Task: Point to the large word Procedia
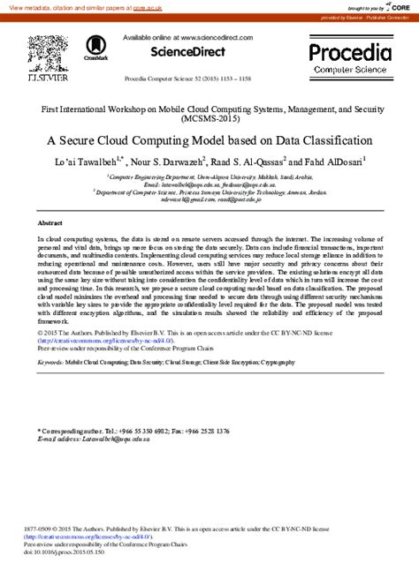[x=349, y=50]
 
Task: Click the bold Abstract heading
[x=50, y=223]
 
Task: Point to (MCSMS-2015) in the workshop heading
[x=209, y=117]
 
